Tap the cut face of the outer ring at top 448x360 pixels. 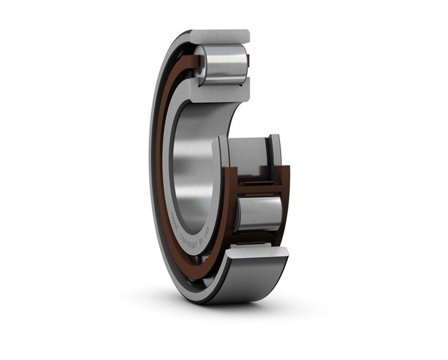(220, 36)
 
